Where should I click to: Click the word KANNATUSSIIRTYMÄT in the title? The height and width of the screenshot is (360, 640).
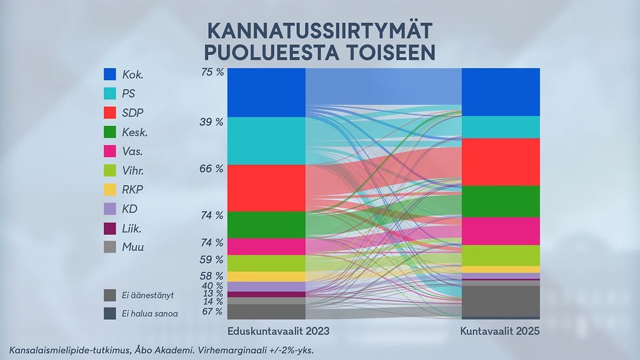[x=319, y=31]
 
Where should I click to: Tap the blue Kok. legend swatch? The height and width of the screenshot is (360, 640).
[x=110, y=74]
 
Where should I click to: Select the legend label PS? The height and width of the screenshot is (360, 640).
[x=129, y=94]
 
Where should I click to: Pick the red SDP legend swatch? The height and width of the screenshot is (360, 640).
[x=110, y=113]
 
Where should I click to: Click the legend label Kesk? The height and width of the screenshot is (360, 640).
[x=136, y=132]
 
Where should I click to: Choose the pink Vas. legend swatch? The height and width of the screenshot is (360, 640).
[x=110, y=151]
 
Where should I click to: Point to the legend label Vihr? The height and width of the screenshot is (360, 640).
[x=135, y=171]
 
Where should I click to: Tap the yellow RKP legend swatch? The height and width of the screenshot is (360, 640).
[x=110, y=189]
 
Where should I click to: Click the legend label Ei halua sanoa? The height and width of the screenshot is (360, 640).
[x=150, y=314]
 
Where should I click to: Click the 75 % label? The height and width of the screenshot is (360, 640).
[x=212, y=72]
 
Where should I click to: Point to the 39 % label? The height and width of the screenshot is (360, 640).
[x=212, y=122]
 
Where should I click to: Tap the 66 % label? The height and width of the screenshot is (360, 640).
[x=212, y=169]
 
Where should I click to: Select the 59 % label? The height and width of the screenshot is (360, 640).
[x=212, y=259]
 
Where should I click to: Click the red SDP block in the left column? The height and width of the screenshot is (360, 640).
[x=266, y=187]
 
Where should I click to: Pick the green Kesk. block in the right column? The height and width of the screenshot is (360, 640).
[x=500, y=201]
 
